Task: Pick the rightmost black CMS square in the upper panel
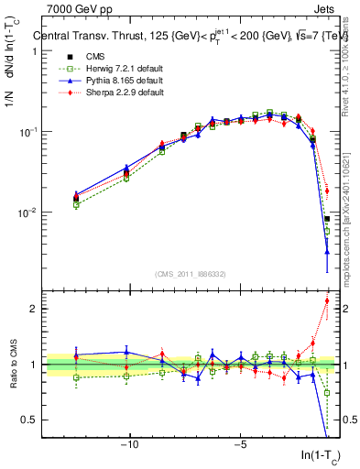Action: [327, 219]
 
